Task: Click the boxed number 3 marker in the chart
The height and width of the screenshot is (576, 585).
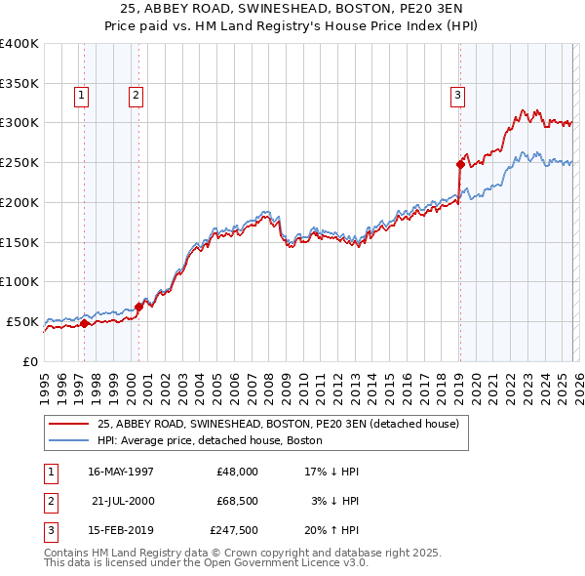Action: pos(457,95)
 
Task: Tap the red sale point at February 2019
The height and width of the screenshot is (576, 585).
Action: pos(459,164)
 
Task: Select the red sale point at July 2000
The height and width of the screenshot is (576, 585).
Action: pos(138,307)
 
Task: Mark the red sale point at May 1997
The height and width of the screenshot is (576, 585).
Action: pos(84,323)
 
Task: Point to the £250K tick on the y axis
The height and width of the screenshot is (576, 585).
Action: pos(19,162)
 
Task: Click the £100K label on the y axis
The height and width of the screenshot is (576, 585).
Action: pos(19,281)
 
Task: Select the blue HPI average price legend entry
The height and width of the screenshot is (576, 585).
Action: pos(215,441)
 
